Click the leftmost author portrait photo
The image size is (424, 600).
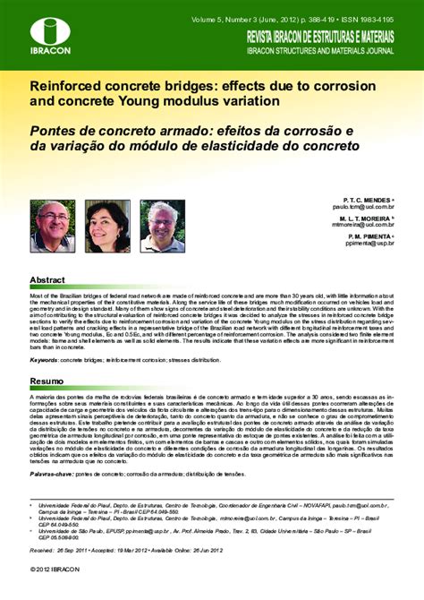pyautogui.click(x=52, y=225)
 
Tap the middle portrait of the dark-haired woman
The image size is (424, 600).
pyautogui.click(x=107, y=225)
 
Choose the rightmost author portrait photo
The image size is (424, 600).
pyautogui.click(x=163, y=225)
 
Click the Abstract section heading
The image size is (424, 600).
pyautogui.click(x=47, y=279)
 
